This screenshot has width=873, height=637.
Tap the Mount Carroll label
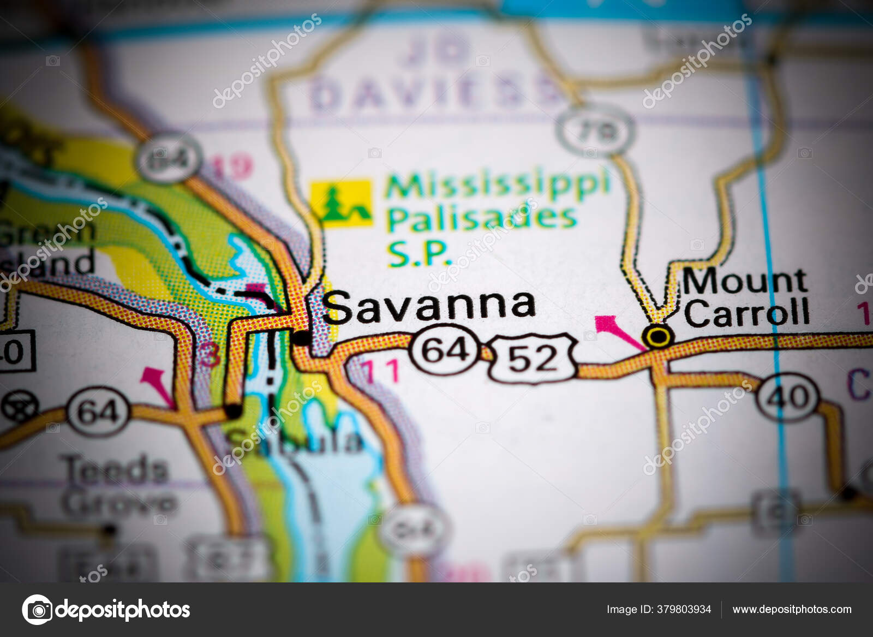[x=745, y=297]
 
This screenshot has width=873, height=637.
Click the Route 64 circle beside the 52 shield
[x=445, y=349]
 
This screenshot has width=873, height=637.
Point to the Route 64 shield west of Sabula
[x=98, y=411]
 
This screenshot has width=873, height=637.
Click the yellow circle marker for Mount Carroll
[x=658, y=336]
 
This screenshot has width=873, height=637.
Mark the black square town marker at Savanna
[x=301, y=338]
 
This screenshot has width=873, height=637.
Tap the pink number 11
[x=381, y=371]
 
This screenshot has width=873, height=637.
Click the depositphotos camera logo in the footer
[x=37, y=609]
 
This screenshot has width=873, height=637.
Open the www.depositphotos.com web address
[x=792, y=609]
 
